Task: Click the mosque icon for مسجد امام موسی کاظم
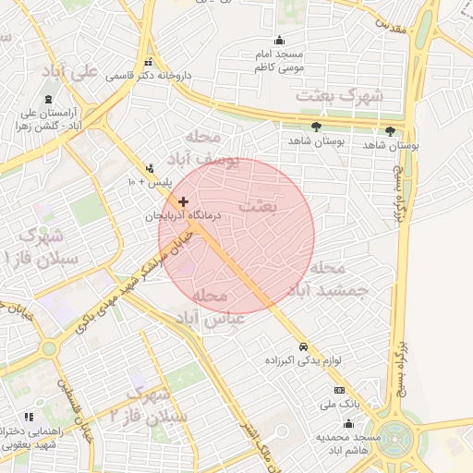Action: (280, 40)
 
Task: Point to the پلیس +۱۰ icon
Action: (150, 168)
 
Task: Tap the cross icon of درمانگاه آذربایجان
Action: (184, 200)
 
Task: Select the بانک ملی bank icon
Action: (339, 391)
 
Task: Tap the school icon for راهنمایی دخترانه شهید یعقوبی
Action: (29, 418)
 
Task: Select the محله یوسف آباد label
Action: (212, 148)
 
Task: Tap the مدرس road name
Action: (392, 27)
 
